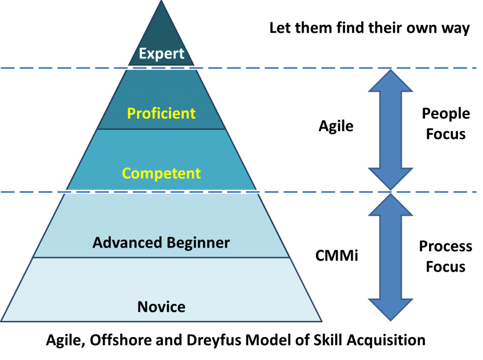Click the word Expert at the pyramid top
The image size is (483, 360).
[x=161, y=54]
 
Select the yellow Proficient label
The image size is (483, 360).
[x=161, y=114]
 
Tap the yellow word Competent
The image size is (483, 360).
[x=161, y=173]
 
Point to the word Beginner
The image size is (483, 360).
[x=198, y=243]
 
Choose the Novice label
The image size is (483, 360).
[x=161, y=307]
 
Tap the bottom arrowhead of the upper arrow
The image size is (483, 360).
[x=391, y=179]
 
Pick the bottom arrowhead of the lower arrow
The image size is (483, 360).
[x=391, y=310]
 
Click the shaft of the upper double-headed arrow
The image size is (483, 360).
[x=391, y=130]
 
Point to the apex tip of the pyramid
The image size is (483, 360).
[x=161, y=2]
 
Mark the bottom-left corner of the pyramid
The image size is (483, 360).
[x=2, y=321]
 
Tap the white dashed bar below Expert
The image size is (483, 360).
[x=154, y=68]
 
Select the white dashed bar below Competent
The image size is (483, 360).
[x=159, y=192]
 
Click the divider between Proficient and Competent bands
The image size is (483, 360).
[x=161, y=129]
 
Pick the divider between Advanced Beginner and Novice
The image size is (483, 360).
[x=161, y=258]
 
